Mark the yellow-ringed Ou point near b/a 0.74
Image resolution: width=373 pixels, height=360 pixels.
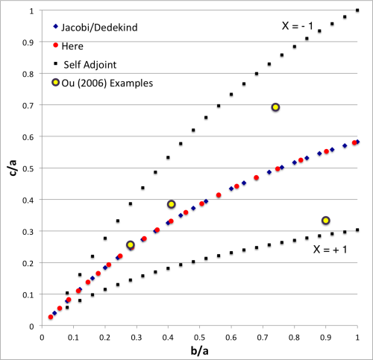(275, 107)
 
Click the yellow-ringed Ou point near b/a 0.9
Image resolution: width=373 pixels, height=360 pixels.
(326, 220)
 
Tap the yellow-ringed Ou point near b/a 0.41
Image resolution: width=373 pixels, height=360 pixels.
(172, 204)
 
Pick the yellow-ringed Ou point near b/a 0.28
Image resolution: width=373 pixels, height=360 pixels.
(131, 244)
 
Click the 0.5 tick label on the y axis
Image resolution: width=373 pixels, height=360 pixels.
(29, 168)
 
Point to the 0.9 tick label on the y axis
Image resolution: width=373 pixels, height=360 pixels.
(29, 42)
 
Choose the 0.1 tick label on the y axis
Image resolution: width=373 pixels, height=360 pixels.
(29, 294)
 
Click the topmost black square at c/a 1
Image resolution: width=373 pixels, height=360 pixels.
(357, 11)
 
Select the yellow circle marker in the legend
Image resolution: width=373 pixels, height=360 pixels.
(57, 83)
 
